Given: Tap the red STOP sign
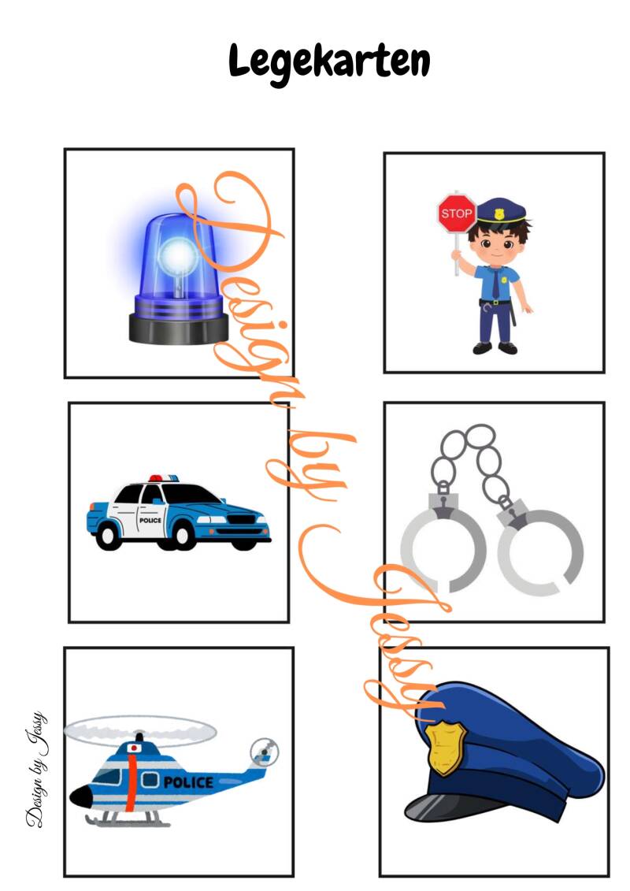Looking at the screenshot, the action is pos(456,213).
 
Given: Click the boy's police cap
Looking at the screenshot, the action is pos(502,211).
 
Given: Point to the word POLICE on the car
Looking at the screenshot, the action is pos(150,520).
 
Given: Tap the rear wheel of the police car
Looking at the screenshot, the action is pos(109,535).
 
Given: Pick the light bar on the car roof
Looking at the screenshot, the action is pos(164,478).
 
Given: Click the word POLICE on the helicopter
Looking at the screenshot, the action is pos(188,782).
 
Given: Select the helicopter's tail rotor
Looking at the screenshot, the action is pos(264,752).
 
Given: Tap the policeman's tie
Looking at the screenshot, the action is pos(496,284).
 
